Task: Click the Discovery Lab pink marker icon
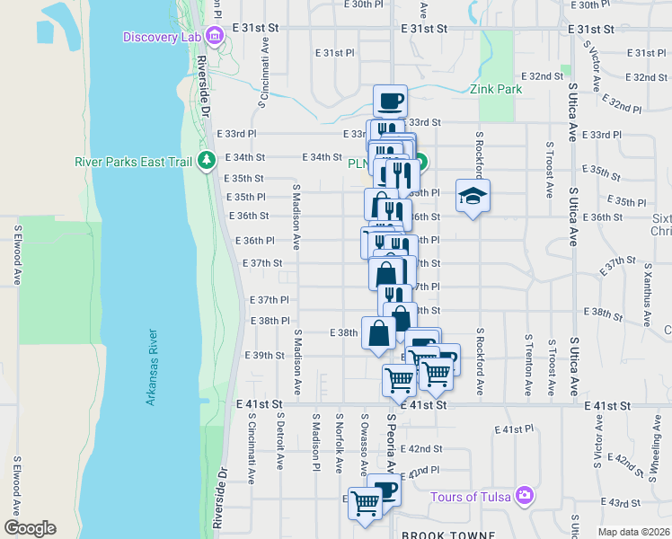coord(214,37)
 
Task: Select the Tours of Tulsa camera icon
coord(524,496)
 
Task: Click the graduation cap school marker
coord(472,196)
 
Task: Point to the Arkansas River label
coord(153,368)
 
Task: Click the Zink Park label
coord(494,89)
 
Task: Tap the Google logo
coord(30,528)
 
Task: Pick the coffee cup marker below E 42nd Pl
coord(384,490)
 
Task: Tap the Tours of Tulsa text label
coord(471,497)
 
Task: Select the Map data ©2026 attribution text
coord(633,532)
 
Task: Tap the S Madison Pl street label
coord(315,442)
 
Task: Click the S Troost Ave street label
coord(550,169)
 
